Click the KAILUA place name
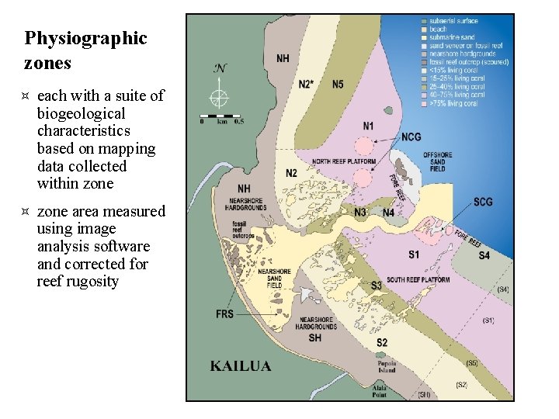click(241, 365)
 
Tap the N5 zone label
click(338, 85)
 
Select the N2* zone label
click(306, 85)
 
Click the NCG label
click(411, 137)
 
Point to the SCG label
click(483, 203)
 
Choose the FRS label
click(224, 314)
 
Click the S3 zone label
click(377, 286)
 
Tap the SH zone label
click(314, 338)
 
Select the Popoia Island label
click(387, 367)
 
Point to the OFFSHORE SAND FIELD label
click(438, 161)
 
